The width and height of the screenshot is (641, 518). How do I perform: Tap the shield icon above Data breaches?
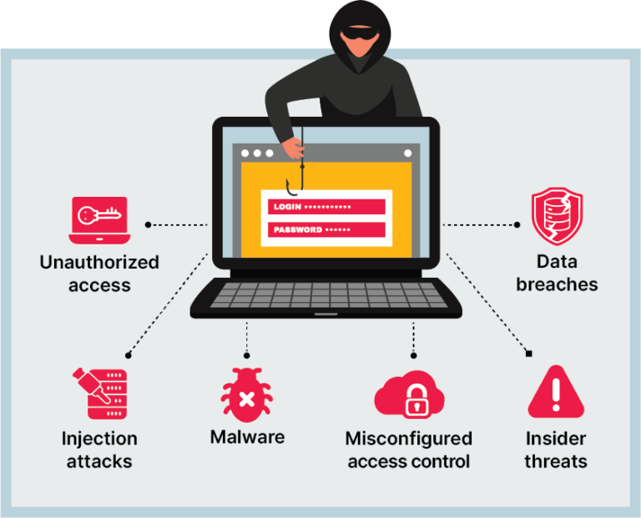click(x=557, y=216)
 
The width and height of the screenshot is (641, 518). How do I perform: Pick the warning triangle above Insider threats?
click(x=556, y=392)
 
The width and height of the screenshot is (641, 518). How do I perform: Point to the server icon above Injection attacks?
click(x=99, y=392)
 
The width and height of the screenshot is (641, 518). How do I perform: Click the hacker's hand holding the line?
click(x=294, y=148)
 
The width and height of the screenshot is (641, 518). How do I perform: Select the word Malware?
click(x=247, y=436)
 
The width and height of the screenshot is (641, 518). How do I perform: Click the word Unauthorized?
click(x=99, y=262)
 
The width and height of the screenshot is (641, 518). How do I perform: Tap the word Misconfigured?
click(x=409, y=439)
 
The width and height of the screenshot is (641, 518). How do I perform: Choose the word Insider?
click(x=556, y=439)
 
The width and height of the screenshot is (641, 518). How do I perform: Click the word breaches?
click(x=557, y=284)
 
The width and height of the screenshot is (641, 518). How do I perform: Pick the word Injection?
click(x=99, y=439)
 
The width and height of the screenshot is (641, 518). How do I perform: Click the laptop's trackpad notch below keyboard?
click(x=326, y=315)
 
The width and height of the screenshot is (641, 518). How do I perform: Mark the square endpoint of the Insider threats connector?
click(x=528, y=354)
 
